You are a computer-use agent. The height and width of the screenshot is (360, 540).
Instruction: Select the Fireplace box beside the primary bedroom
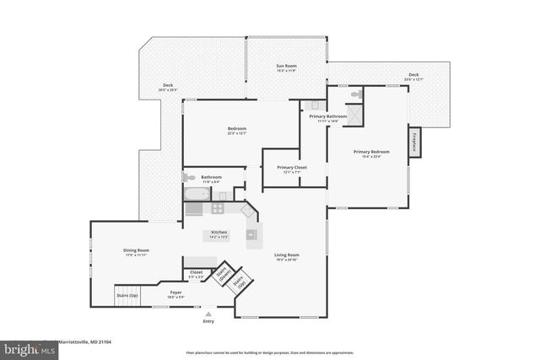click(414, 142)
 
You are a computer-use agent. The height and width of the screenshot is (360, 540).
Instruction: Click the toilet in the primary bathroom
click(359, 94)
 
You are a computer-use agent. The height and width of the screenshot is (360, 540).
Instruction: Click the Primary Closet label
click(292, 168)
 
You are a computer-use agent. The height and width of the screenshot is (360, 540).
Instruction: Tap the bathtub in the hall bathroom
click(197, 194)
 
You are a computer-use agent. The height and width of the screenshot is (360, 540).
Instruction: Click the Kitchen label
click(219, 233)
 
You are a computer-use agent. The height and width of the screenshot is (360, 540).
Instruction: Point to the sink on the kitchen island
click(251, 234)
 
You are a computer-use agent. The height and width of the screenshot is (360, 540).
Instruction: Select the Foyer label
click(176, 293)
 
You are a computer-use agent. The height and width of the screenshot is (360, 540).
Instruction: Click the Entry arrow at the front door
click(208, 312)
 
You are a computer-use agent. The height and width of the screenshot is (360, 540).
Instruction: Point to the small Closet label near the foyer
click(197, 272)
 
